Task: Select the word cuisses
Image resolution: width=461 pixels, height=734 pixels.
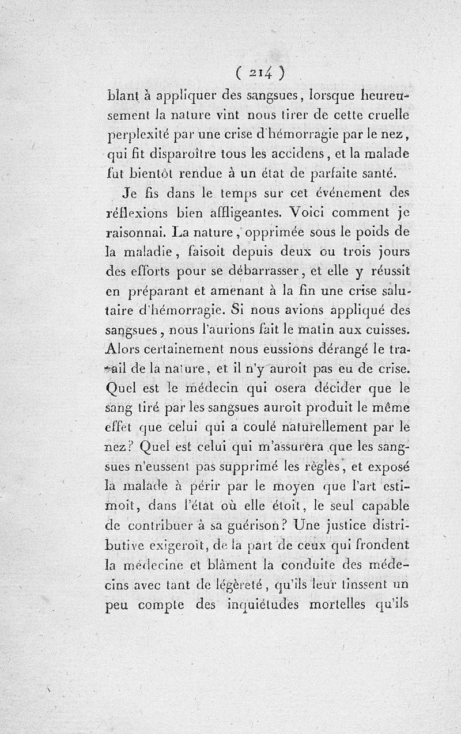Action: point(387,330)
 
